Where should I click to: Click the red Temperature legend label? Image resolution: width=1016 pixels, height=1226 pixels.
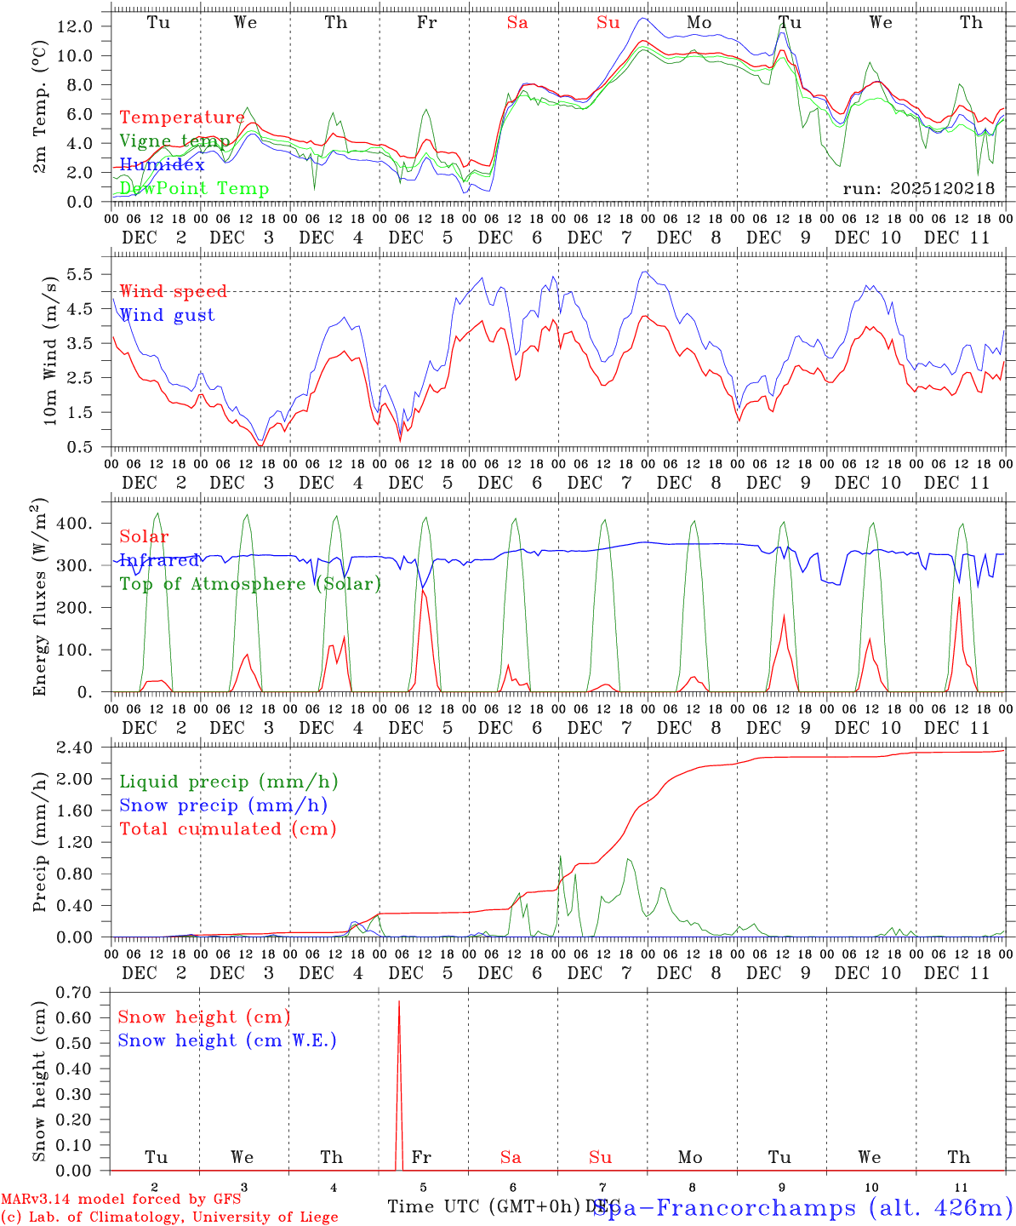coord(182,117)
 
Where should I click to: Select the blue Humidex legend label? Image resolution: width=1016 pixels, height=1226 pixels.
coord(163,164)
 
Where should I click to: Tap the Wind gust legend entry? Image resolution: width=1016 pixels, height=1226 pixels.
coord(167,315)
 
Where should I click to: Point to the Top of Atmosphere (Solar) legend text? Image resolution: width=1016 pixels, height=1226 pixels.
coord(250,584)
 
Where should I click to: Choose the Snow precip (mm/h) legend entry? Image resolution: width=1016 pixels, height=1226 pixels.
coord(223,805)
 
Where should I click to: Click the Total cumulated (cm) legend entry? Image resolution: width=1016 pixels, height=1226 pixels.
coord(228,828)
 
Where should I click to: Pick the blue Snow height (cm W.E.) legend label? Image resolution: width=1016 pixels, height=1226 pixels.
coord(227,1040)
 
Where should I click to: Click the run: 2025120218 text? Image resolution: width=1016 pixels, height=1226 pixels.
coord(918,188)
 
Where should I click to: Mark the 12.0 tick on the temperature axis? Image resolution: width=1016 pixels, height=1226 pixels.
coord(75,26)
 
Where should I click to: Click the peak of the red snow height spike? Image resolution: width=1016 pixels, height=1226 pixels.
coord(399,1002)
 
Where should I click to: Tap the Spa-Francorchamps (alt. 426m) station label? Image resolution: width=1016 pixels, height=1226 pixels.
coord(802,1206)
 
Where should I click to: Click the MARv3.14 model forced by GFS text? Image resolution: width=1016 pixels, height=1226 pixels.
coord(121,1199)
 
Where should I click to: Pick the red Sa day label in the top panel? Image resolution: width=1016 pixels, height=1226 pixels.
coord(517,23)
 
